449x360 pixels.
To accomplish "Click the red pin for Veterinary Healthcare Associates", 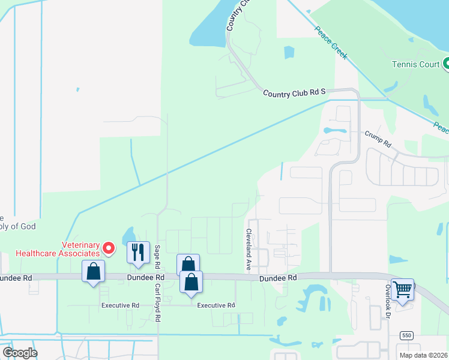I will click(x=109, y=247).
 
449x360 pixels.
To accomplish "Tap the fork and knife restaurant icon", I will click(x=138, y=252).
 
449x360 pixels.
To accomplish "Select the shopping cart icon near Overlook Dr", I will click(x=402, y=289).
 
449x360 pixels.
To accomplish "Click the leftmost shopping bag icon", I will click(x=93, y=271).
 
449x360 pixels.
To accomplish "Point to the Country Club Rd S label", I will click(x=294, y=92).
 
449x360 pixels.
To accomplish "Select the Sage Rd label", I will click(x=157, y=256).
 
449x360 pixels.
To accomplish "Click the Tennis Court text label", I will click(x=415, y=64).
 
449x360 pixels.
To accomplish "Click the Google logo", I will click(x=20, y=353).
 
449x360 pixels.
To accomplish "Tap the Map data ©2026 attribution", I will click(x=424, y=355).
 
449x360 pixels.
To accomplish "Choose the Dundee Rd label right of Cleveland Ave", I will click(x=279, y=278).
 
